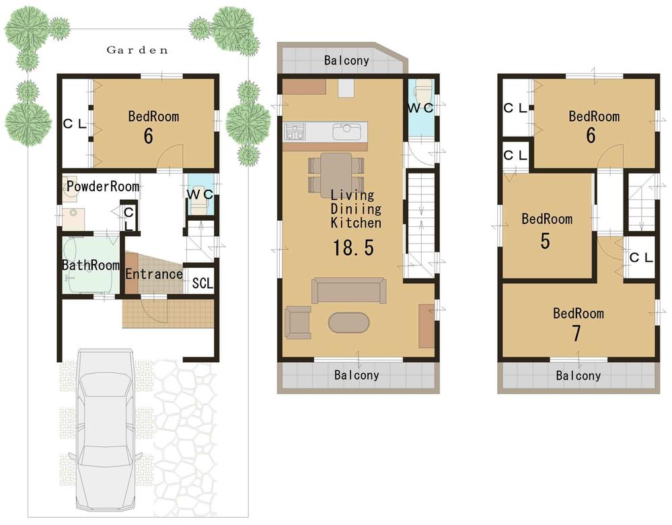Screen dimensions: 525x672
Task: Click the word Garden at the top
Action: [x=137, y=50]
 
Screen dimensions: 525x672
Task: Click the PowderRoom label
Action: [x=102, y=186]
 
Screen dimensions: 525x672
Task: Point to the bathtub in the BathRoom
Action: [x=90, y=265]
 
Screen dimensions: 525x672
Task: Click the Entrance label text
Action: [x=154, y=274]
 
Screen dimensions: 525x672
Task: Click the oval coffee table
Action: [x=348, y=322]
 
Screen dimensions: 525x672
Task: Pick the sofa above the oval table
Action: [x=348, y=290]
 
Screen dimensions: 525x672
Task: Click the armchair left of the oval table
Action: [x=297, y=321]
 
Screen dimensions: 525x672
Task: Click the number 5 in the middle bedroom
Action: [x=546, y=240]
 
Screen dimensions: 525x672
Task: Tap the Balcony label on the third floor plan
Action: [x=578, y=376]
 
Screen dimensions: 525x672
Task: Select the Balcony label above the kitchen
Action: [x=346, y=61]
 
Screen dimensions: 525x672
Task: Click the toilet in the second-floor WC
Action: [x=422, y=92]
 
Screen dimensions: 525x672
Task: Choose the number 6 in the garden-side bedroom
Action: [x=148, y=136]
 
